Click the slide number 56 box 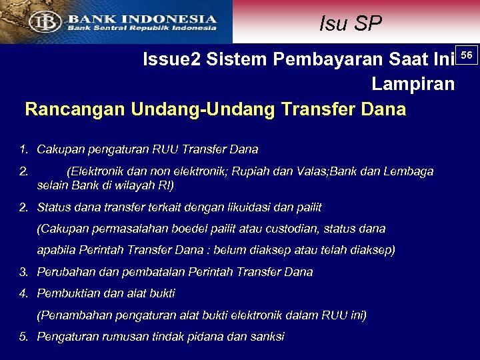pyautogui.click(x=467, y=54)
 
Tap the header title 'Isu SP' pyautogui.click(x=351, y=24)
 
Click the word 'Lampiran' pyautogui.click(x=413, y=85)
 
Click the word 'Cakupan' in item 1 pyautogui.click(x=58, y=149)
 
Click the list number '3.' pyautogui.click(x=24, y=272)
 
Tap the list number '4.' pyautogui.click(x=24, y=293)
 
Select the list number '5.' pyautogui.click(x=24, y=337)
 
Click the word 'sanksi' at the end pyautogui.click(x=267, y=337)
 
